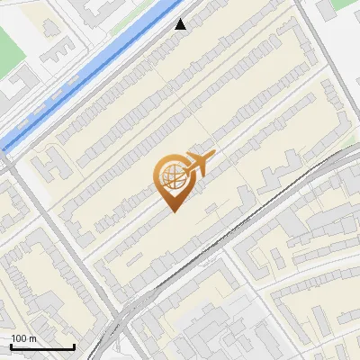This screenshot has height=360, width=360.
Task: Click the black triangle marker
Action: [x=181, y=24]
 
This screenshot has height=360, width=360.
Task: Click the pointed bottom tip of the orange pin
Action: [x=172, y=211]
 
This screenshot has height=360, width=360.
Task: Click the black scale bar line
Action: [x=42, y=346]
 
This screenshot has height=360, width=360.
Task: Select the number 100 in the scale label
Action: [x=20, y=338]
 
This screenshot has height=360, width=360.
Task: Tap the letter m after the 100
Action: [x=32, y=338]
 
